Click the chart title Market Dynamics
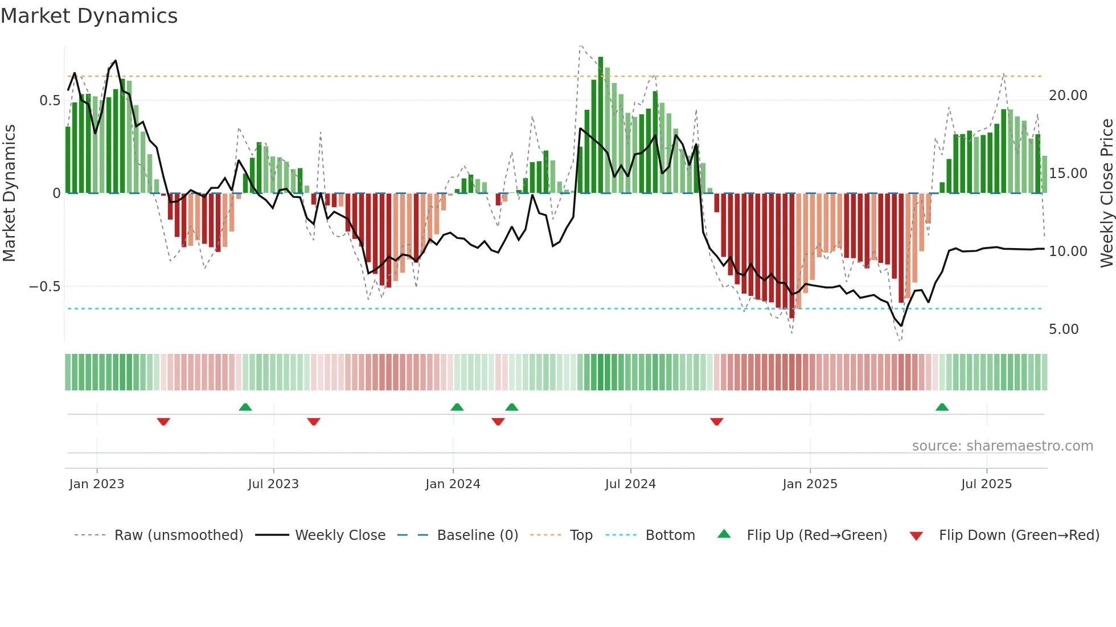click(89, 16)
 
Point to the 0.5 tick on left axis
click(50, 101)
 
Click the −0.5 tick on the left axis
click(45, 287)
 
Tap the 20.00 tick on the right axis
click(1068, 96)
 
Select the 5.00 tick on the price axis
click(1063, 329)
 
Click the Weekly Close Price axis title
click(1106, 193)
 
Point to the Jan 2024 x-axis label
click(453, 484)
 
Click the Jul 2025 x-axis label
click(986, 484)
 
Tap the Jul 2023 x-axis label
click(273, 484)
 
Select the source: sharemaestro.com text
click(1002, 446)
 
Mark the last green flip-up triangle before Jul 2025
click(942, 407)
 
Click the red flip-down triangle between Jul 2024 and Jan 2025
click(716, 422)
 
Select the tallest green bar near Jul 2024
click(601, 125)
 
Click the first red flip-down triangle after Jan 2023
click(163, 422)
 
